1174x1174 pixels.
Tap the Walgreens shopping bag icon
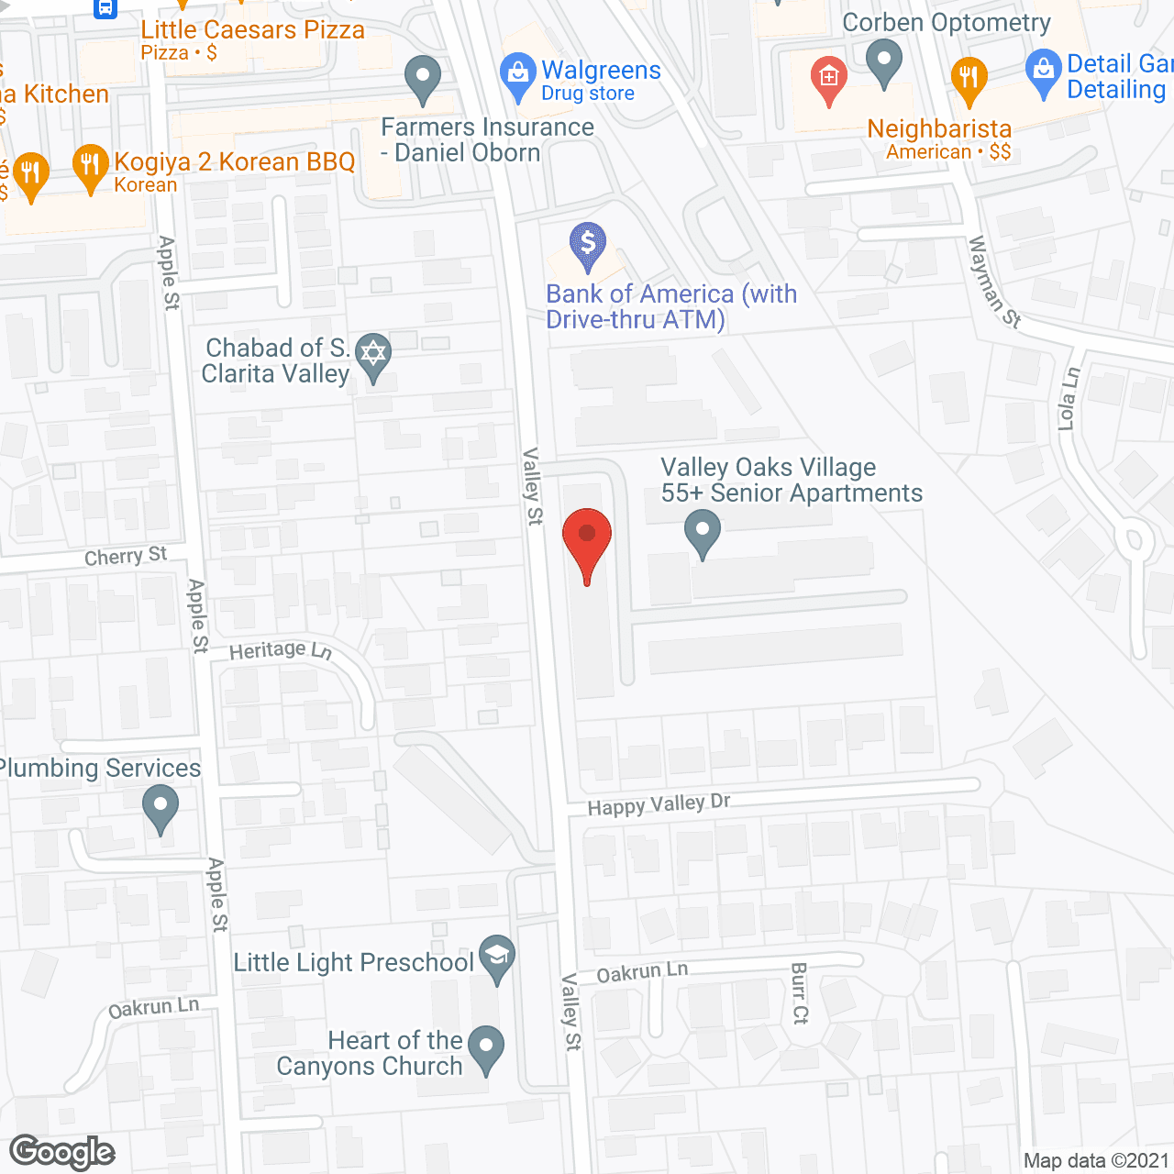coord(518,72)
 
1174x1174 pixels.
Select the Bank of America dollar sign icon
coord(588,244)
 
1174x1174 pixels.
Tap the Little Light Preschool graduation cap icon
coord(497,956)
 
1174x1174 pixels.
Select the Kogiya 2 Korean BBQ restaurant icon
coord(90,165)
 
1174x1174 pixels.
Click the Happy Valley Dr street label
coord(659,804)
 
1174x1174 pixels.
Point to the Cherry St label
coord(126,556)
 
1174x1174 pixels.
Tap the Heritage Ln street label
coord(280,649)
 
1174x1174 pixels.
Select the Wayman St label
coord(994,281)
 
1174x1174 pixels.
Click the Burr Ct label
coord(800,992)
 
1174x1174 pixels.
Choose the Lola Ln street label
coord(1069,398)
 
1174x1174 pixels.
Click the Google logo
coord(62,1152)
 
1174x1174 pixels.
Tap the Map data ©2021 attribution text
coord(1096,1160)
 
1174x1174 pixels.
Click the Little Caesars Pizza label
coord(252,30)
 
